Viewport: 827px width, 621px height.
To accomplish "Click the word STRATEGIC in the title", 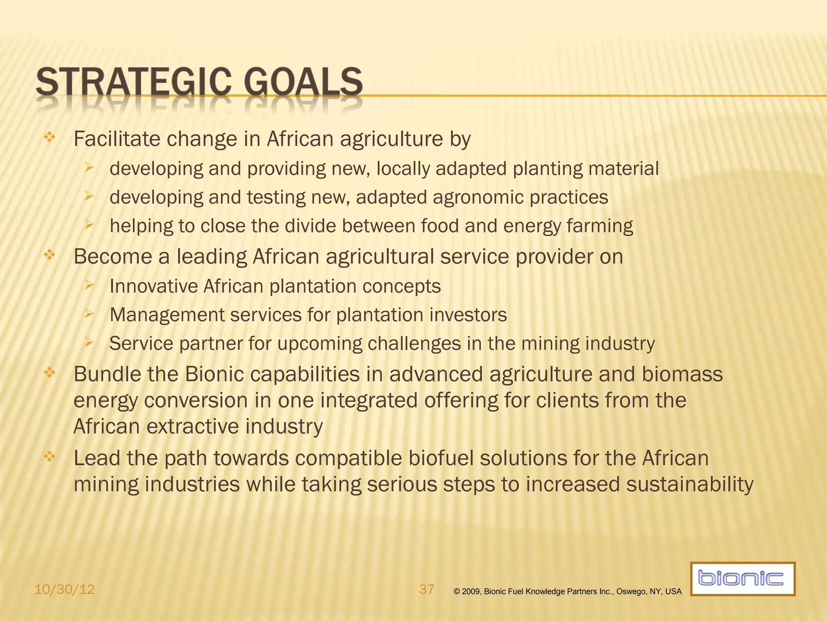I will click(x=134, y=82).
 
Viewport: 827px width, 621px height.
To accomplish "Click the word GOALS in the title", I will click(x=303, y=82).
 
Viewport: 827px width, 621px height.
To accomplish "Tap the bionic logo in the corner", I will click(x=742, y=579).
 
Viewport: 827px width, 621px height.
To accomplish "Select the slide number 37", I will click(x=427, y=589).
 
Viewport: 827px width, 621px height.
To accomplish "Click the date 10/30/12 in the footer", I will click(x=65, y=589).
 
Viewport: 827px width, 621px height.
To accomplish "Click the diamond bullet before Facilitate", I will click(x=49, y=137).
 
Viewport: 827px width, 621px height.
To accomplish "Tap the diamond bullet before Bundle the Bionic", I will click(x=49, y=372).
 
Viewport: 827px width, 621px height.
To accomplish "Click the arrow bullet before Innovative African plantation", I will click(x=89, y=285).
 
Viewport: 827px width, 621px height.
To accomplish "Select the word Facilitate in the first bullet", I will click(x=117, y=139).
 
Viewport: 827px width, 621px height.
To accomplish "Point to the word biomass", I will click(x=682, y=374).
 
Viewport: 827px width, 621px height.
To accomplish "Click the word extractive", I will click(x=193, y=427).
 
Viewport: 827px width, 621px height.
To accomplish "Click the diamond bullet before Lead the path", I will click(x=49, y=457).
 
